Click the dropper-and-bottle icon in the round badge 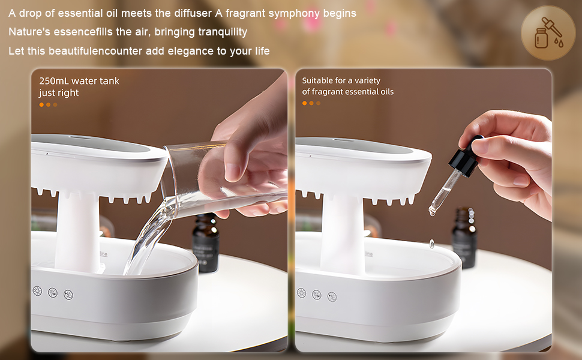pos(548,32)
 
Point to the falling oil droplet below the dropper pos(431,244)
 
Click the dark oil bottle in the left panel pos(205,243)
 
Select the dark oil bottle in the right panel pos(464,238)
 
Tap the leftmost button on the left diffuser pos(37,291)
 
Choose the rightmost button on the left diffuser pos(68,295)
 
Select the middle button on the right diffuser pos(316,295)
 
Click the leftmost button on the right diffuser pos(301,293)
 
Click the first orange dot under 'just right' pos(41,104)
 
